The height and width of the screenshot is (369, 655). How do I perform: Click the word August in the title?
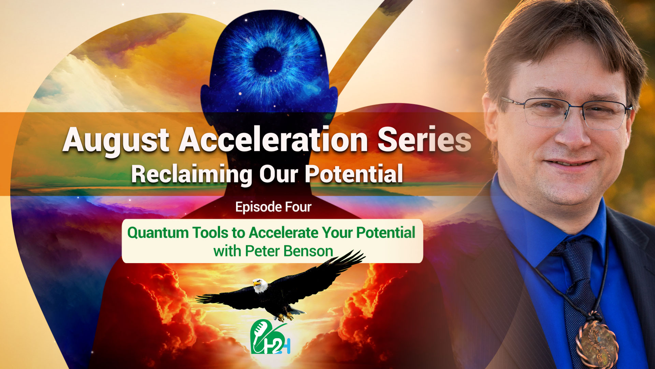click(x=116, y=140)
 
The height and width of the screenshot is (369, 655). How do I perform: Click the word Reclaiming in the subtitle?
click(x=191, y=174)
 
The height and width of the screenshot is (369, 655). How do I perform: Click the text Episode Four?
click(x=273, y=207)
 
